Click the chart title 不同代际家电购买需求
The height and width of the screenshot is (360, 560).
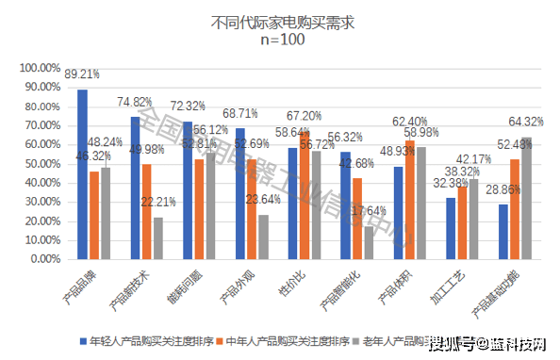tap(280, 21)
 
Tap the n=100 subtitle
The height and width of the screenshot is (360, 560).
tap(280, 40)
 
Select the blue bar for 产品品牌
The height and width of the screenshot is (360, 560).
tap(83, 173)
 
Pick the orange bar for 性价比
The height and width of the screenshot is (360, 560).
tap(305, 194)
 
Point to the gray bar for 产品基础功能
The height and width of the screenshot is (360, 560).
tap(526, 197)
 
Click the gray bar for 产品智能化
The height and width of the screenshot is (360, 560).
tap(368, 242)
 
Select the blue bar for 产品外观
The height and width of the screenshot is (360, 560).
tap(240, 193)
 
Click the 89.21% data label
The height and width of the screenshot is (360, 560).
tap(82, 73)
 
